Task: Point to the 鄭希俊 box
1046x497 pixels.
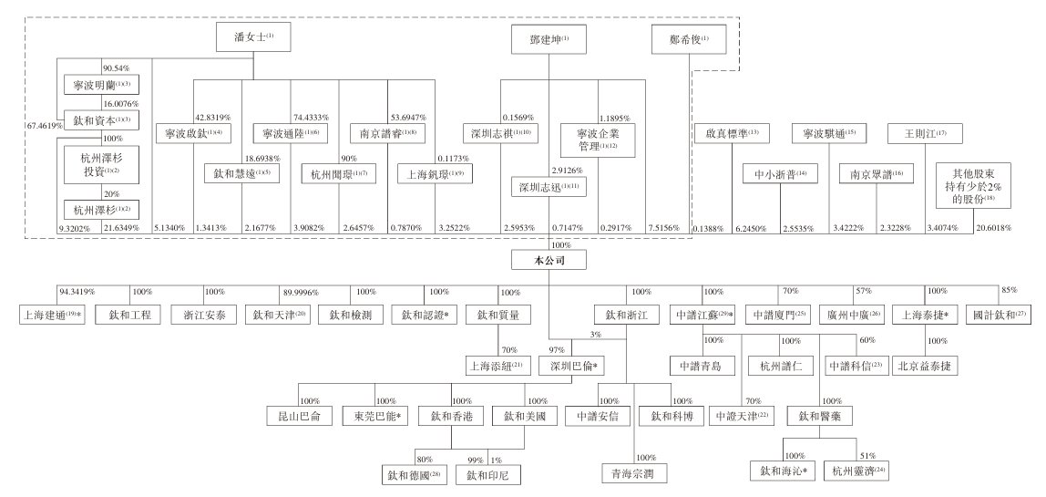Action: (x=690, y=40)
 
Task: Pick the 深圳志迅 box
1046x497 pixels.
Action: (x=549, y=187)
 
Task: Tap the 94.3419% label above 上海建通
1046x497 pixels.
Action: (x=78, y=292)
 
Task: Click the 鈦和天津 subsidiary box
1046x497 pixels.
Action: (x=280, y=315)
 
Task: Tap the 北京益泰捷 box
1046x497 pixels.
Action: (x=925, y=367)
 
